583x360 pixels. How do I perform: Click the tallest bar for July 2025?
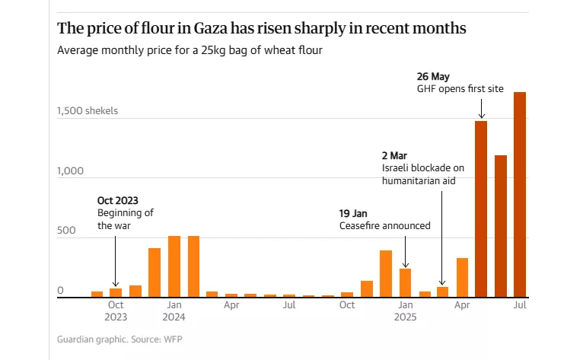[x=520, y=194]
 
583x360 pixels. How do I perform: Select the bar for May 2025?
[x=481, y=209]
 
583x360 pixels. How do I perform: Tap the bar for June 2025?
[x=501, y=225]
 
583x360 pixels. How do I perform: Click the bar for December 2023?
[x=155, y=272]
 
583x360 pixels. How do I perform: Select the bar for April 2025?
[x=462, y=277]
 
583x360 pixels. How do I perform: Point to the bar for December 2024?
[x=386, y=273]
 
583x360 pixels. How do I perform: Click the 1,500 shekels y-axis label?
[x=88, y=111]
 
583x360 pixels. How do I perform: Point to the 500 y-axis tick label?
[x=68, y=231]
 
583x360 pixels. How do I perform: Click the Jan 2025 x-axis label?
[x=405, y=311]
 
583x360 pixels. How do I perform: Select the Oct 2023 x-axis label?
[x=116, y=311]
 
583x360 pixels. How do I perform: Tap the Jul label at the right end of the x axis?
[x=521, y=305]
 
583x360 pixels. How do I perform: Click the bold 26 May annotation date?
[x=433, y=77]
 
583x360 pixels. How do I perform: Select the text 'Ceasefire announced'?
[x=384, y=226]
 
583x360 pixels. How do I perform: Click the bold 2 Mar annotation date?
[x=396, y=155]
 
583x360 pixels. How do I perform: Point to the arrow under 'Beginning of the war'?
[x=116, y=260]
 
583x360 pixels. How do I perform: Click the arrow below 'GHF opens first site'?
[x=481, y=108]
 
